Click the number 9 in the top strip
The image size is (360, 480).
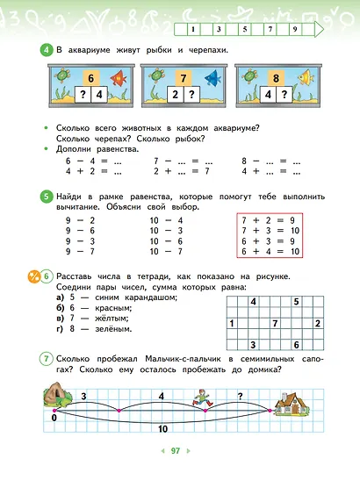click(x=295, y=29)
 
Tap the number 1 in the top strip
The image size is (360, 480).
click(x=191, y=29)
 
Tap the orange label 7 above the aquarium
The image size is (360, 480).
click(x=182, y=77)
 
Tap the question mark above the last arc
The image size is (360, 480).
click(x=239, y=396)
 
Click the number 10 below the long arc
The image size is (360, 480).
click(x=162, y=430)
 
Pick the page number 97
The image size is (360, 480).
click(x=176, y=451)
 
